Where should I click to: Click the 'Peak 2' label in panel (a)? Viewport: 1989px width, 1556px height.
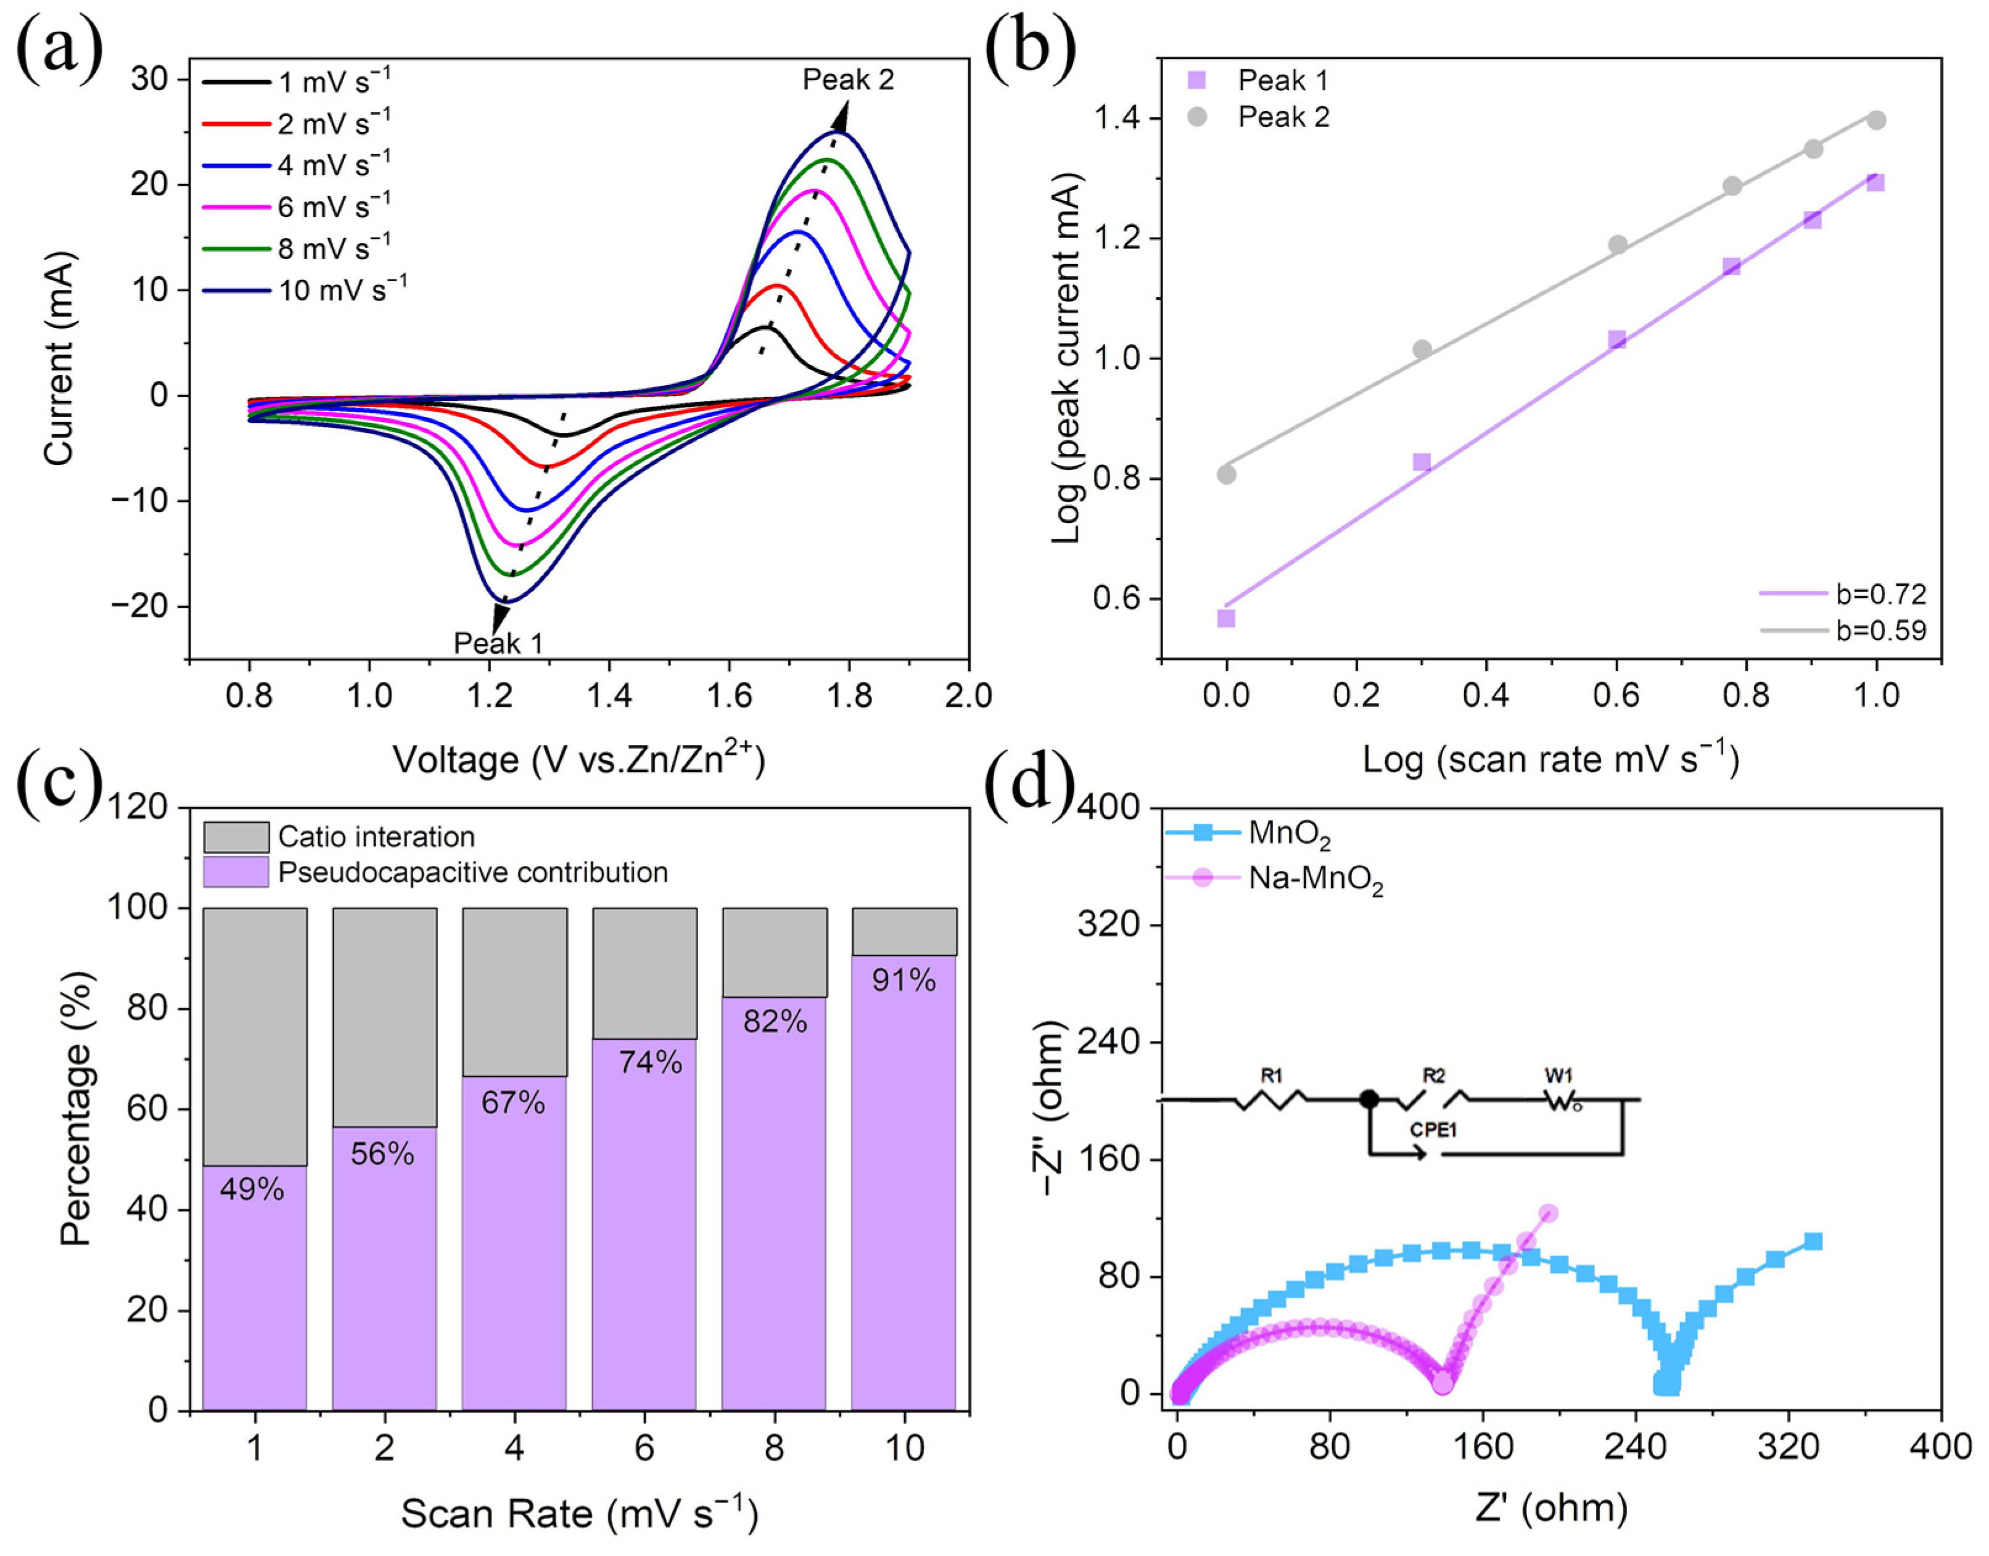coord(847,80)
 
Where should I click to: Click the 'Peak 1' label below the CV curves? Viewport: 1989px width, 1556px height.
coord(498,643)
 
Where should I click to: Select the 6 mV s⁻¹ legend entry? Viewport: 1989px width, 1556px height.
coord(334,207)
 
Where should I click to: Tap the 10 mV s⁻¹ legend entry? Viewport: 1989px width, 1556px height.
coord(342,290)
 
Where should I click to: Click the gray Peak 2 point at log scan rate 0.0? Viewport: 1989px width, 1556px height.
coord(1226,475)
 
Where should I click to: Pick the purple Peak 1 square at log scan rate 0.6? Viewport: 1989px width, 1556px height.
coord(1617,340)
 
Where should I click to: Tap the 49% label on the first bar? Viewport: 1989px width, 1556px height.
coord(252,1189)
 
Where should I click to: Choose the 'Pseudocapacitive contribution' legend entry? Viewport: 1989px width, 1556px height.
coord(472,873)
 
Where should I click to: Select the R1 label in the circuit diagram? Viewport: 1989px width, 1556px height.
coord(1271,1076)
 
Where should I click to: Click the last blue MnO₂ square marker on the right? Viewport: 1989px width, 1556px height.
coord(1813,1241)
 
